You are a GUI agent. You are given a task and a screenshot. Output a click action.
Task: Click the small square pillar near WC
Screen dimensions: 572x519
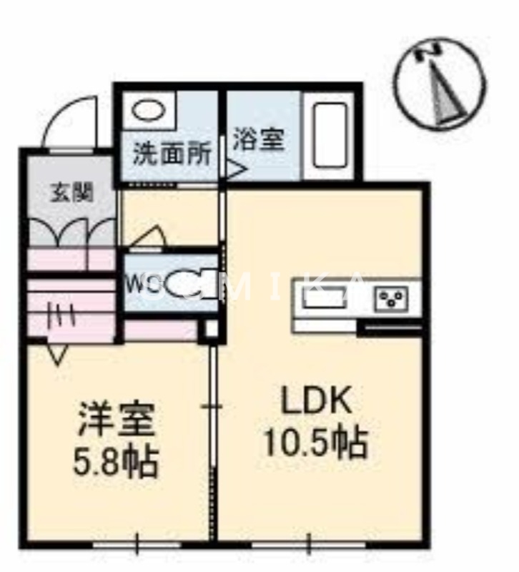click(x=209, y=330)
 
